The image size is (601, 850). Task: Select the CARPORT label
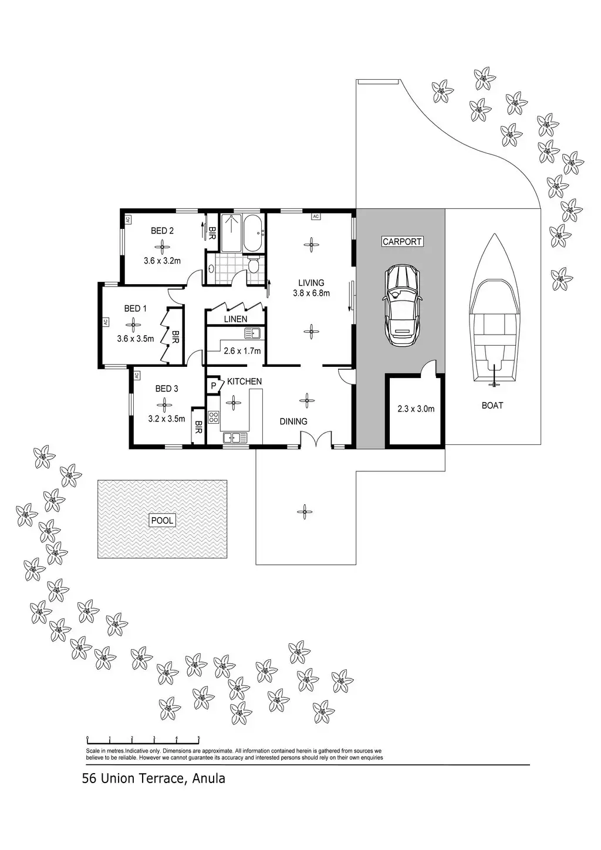[402, 241]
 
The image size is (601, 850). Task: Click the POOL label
[163, 520]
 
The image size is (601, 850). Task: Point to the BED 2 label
[162, 231]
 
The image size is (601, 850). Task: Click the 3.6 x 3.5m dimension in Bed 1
[135, 338]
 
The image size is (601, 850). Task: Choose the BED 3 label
[167, 389]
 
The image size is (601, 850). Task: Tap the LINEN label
[235, 319]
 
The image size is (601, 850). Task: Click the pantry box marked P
[214, 386]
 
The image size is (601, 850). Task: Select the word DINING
[293, 421]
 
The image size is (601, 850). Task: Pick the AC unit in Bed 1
[106, 322]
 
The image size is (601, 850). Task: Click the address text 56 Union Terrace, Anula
[154, 779]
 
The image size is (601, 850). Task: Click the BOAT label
[492, 405]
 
